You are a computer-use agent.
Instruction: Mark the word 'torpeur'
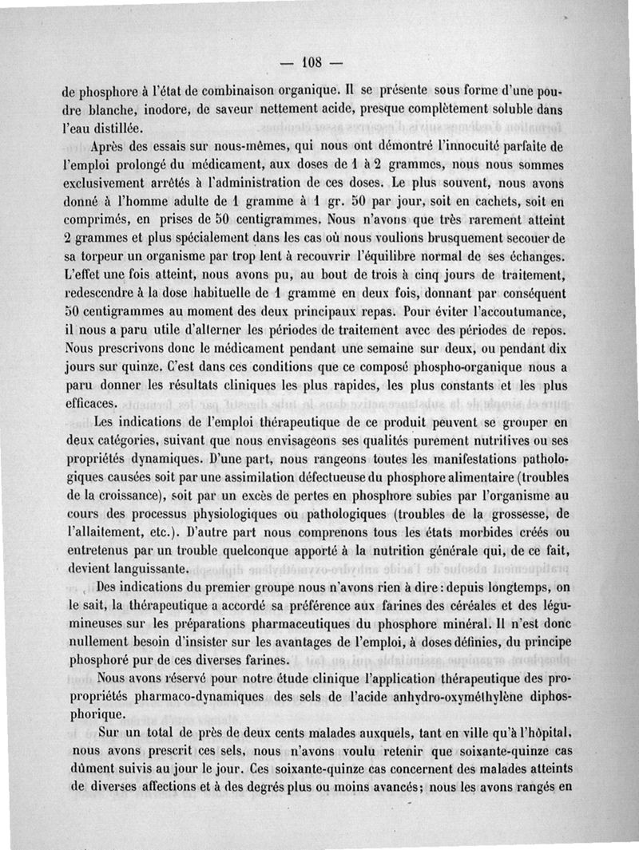click(116, 257)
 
